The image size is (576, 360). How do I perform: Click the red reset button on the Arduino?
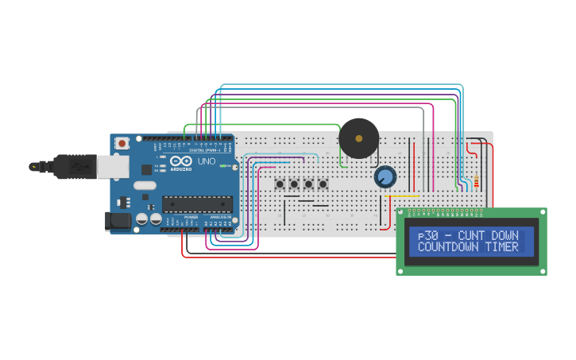(122, 144)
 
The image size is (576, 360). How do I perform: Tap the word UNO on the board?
(206, 161)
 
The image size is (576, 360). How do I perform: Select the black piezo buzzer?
(358, 138)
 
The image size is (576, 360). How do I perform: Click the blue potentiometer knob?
(385, 176)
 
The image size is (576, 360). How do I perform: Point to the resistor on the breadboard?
(476, 183)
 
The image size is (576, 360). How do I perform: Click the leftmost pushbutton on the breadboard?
(280, 184)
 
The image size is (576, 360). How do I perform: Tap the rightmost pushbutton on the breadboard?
(323, 184)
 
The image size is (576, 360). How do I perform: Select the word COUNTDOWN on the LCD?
(446, 247)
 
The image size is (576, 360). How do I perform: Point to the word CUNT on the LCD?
(474, 236)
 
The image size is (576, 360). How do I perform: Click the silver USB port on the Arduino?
(113, 166)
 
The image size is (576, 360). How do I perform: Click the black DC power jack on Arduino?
(118, 221)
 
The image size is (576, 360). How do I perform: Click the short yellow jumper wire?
(401, 195)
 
